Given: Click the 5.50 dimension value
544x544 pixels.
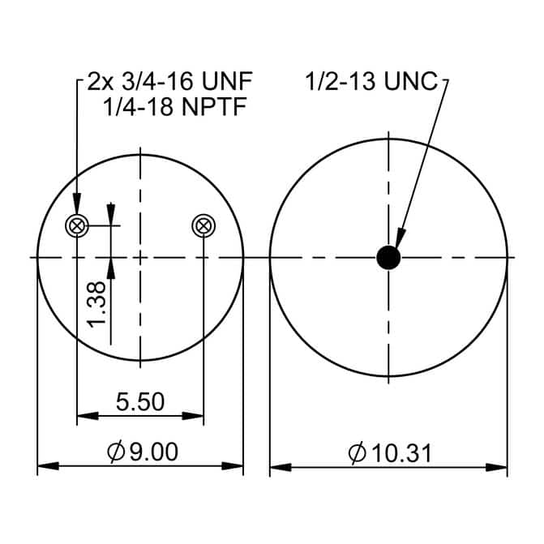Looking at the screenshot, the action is point(140,402).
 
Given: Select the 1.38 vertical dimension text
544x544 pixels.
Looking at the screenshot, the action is point(96,305).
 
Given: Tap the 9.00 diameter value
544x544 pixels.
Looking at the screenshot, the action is point(154,452).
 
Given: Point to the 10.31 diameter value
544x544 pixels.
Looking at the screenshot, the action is point(402,453).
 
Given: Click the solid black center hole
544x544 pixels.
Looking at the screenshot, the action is point(388,258).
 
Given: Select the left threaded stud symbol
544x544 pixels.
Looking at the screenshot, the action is point(77,226).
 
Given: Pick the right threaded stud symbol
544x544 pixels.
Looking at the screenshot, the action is point(203,226).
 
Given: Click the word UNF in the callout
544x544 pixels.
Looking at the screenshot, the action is point(227,81).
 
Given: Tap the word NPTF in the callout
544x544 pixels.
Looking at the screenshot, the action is point(214,106).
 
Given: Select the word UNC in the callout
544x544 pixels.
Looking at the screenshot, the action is point(411,82).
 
